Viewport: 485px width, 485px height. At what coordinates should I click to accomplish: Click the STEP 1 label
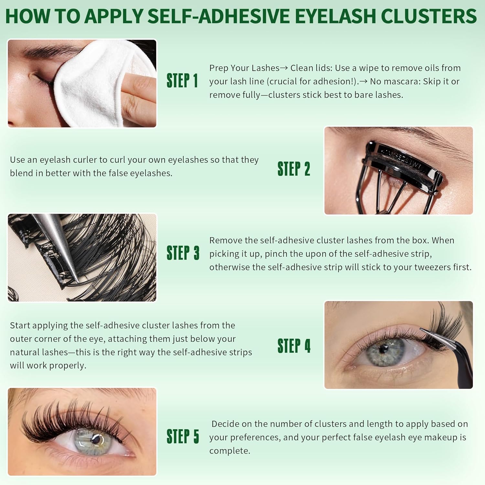pyautogui.click(x=182, y=81)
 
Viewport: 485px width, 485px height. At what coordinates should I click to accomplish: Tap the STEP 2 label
pyautogui.click(x=294, y=169)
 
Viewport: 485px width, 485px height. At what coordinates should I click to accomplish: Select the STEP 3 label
pyautogui.click(x=183, y=253)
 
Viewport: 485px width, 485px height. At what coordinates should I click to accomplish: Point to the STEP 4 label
pyautogui.click(x=294, y=346)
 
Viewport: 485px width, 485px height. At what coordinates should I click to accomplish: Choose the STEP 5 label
pyautogui.click(x=183, y=436)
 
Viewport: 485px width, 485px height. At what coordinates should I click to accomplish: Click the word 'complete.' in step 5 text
pyautogui.click(x=230, y=451)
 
